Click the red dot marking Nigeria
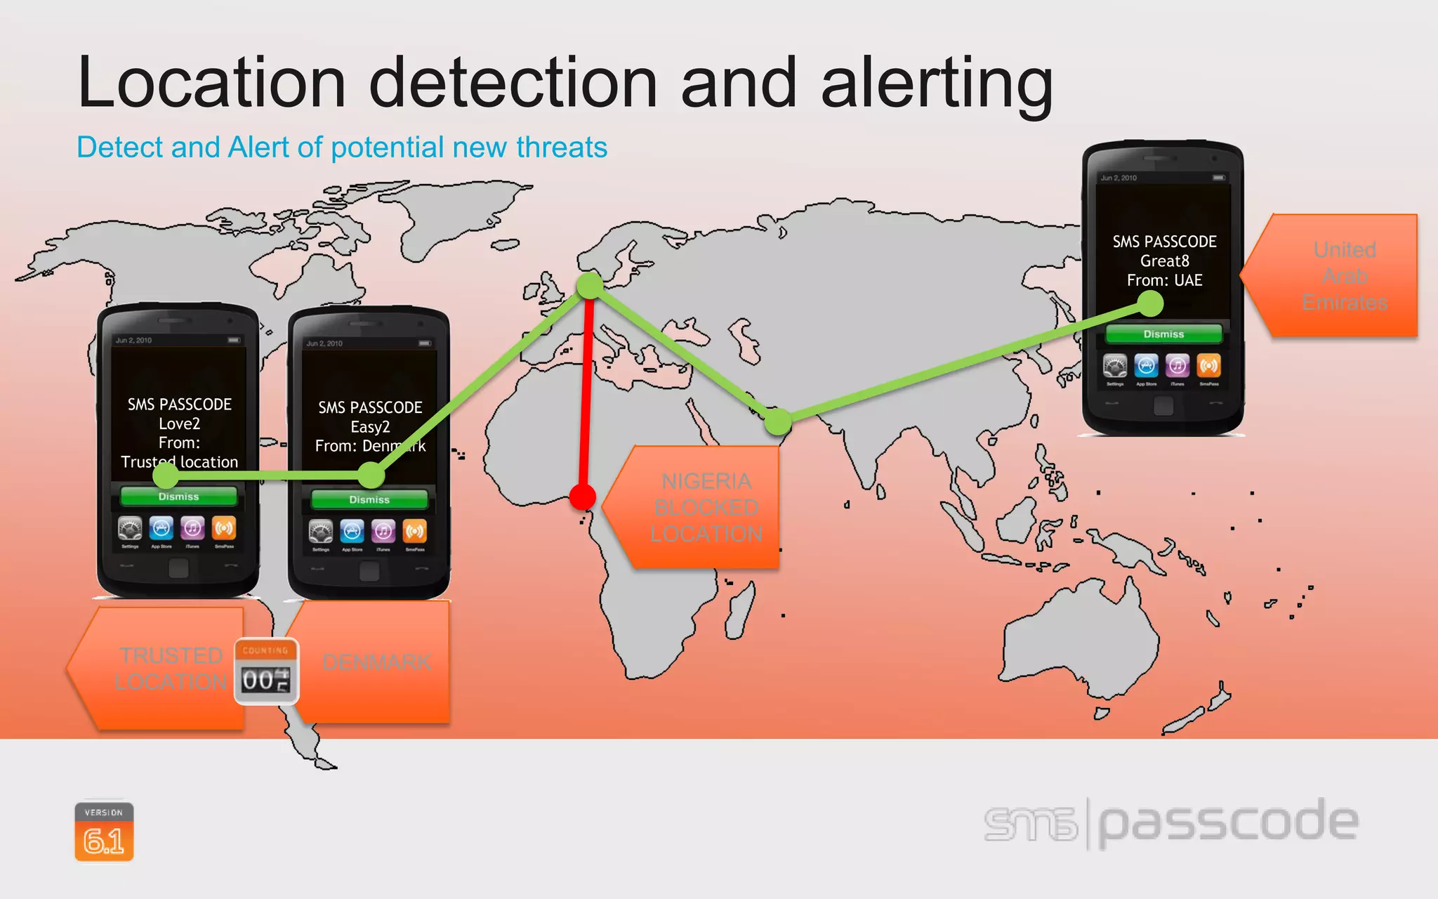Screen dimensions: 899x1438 point(582,497)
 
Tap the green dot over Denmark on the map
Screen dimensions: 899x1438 point(590,285)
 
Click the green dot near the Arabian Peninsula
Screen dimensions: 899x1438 point(777,421)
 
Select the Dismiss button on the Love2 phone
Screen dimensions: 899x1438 point(178,497)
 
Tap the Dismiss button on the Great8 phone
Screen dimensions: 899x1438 point(1163,334)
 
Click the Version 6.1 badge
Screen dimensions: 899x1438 point(104,832)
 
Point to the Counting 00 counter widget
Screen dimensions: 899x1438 point(266,671)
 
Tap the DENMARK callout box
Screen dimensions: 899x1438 point(377,662)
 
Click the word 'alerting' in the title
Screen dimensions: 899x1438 point(937,84)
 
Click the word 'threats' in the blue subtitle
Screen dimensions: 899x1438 point(561,147)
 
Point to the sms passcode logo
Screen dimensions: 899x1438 point(1170,823)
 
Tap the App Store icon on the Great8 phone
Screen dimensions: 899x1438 point(1146,366)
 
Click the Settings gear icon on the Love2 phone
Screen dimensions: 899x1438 point(130,528)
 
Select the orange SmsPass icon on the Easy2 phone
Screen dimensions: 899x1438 point(414,531)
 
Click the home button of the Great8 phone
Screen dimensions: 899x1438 point(1163,406)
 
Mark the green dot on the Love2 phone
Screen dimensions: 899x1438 point(166,475)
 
